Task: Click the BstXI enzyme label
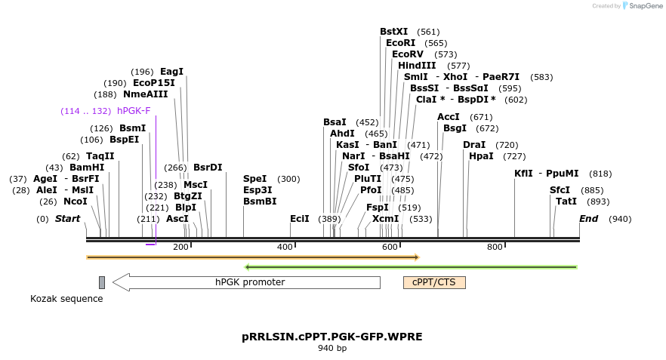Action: coord(393,32)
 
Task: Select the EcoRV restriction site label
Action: coord(408,54)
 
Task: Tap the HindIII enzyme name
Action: coord(417,66)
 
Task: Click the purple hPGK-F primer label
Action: coord(134,111)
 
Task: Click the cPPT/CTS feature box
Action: coord(434,282)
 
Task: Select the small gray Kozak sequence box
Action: coord(102,282)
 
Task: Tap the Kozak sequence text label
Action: coord(66,299)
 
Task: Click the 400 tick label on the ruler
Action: coord(285,247)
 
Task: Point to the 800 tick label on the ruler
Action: coord(495,247)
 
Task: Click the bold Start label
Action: coord(67,219)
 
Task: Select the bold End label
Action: coord(589,219)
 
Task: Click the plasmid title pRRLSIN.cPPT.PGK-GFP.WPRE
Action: coord(332,337)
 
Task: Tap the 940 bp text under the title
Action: coord(332,349)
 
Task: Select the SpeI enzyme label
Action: coord(254,179)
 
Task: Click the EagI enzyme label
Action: coord(171,72)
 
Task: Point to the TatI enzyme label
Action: coord(566,202)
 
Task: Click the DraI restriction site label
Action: coord(474,145)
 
